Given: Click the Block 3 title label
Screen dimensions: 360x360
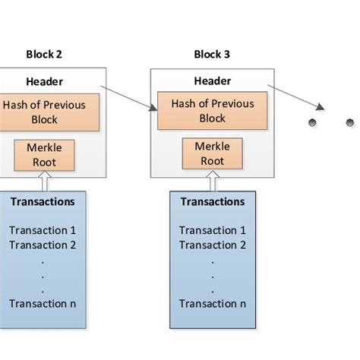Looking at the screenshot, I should pos(212,55).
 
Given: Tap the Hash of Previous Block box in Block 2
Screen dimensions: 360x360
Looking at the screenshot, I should pos(44,111).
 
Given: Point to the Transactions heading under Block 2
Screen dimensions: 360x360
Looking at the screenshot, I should pos(44,202).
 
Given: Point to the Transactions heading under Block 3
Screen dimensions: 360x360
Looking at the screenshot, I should pos(212,202).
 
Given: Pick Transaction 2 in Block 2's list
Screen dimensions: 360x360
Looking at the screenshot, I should pos(44,245).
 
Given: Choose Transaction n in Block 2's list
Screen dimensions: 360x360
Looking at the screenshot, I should pos(44,304).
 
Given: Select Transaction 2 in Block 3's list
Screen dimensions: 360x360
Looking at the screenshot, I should pos(212,245).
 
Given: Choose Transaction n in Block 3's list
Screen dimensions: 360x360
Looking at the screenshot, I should pos(212,304).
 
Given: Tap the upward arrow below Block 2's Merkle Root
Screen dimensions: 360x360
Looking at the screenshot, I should pos(44,182).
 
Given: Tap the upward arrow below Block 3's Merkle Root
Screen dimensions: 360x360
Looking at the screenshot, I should pos(212,182).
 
